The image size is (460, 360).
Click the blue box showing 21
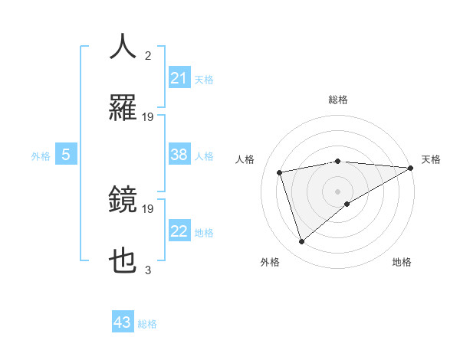(x=179, y=78)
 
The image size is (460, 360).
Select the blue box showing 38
(x=179, y=155)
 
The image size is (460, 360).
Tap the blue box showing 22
(x=179, y=231)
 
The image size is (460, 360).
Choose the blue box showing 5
(x=66, y=155)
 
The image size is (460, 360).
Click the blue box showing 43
(x=123, y=322)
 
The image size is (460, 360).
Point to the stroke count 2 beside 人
(x=148, y=55)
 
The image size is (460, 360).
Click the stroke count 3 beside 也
(x=148, y=270)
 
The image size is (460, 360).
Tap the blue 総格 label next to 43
(x=147, y=324)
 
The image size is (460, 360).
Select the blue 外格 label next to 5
(x=41, y=156)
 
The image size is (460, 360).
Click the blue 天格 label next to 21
(x=204, y=80)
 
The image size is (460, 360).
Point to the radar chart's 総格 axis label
(x=338, y=100)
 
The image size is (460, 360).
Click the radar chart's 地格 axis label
(x=402, y=262)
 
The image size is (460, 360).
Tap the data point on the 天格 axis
(x=411, y=168)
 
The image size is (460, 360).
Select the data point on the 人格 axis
(x=280, y=172)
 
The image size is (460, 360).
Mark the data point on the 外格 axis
(x=301, y=242)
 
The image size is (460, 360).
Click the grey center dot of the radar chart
(x=338, y=191)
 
